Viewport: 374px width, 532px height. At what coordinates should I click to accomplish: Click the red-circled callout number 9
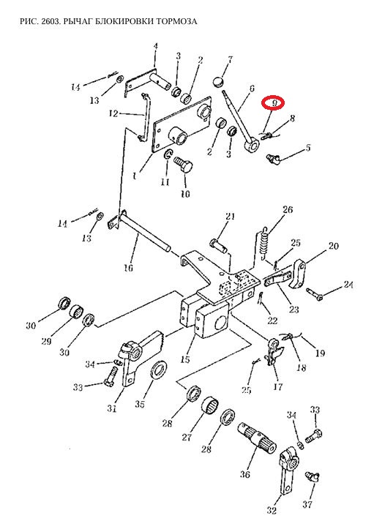point(273,102)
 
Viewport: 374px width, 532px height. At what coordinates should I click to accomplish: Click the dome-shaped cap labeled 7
point(220,82)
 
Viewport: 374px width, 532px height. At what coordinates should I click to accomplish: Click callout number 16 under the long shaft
point(128,268)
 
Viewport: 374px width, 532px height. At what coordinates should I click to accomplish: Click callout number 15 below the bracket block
point(185,359)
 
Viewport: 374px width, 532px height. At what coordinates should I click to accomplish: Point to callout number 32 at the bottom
point(272,510)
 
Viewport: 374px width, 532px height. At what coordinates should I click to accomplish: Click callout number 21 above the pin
point(231,216)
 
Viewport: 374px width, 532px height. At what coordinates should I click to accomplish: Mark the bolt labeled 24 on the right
point(315,294)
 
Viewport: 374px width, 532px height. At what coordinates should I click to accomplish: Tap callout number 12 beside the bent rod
point(113,113)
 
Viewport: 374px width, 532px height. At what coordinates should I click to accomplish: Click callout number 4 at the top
point(156,46)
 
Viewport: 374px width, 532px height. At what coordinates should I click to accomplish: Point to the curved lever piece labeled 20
point(299,274)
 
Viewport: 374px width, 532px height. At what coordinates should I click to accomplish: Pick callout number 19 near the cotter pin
point(320,353)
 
